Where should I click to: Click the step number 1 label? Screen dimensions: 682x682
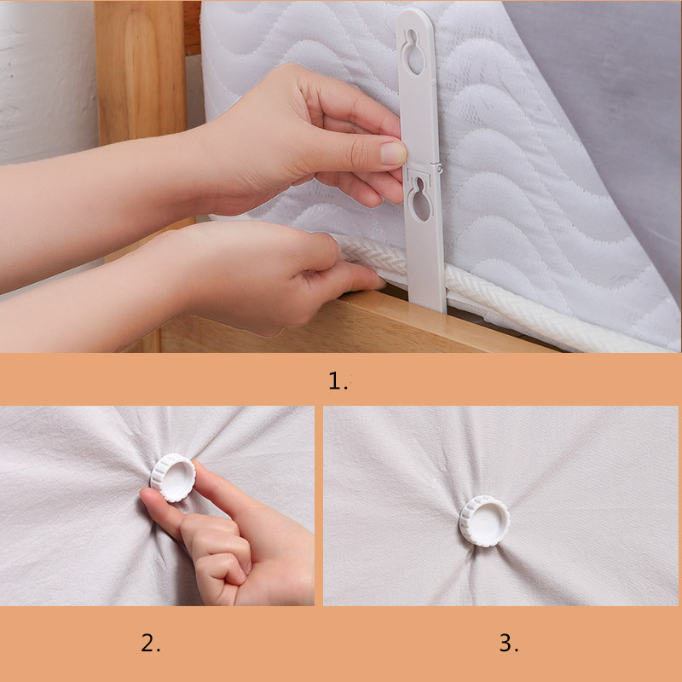(x=338, y=380)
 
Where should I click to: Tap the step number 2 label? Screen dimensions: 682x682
(x=151, y=643)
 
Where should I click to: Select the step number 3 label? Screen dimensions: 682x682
(x=508, y=643)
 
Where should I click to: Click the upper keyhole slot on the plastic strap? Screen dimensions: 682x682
(x=413, y=51)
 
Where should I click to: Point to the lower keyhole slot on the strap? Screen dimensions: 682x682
(x=419, y=199)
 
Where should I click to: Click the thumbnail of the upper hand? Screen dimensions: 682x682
(x=393, y=153)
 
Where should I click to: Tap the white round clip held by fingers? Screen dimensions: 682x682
(x=173, y=477)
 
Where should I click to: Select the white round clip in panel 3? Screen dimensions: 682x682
(x=484, y=521)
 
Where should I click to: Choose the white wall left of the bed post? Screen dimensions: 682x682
(x=48, y=83)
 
